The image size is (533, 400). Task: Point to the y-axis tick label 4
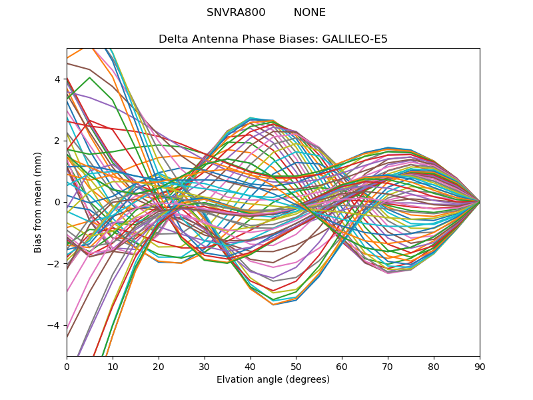click(57, 79)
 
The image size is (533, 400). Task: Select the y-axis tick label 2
click(57, 141)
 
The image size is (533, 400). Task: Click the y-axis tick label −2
click(55, 263)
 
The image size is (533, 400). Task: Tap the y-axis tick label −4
click(55, 325)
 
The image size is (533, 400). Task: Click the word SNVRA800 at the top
click(236, 13)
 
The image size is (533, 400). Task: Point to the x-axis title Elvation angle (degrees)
click(273, 380)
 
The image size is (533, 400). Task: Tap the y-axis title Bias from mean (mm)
click(39, 201)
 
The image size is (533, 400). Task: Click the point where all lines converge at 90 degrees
click(480, 202)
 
